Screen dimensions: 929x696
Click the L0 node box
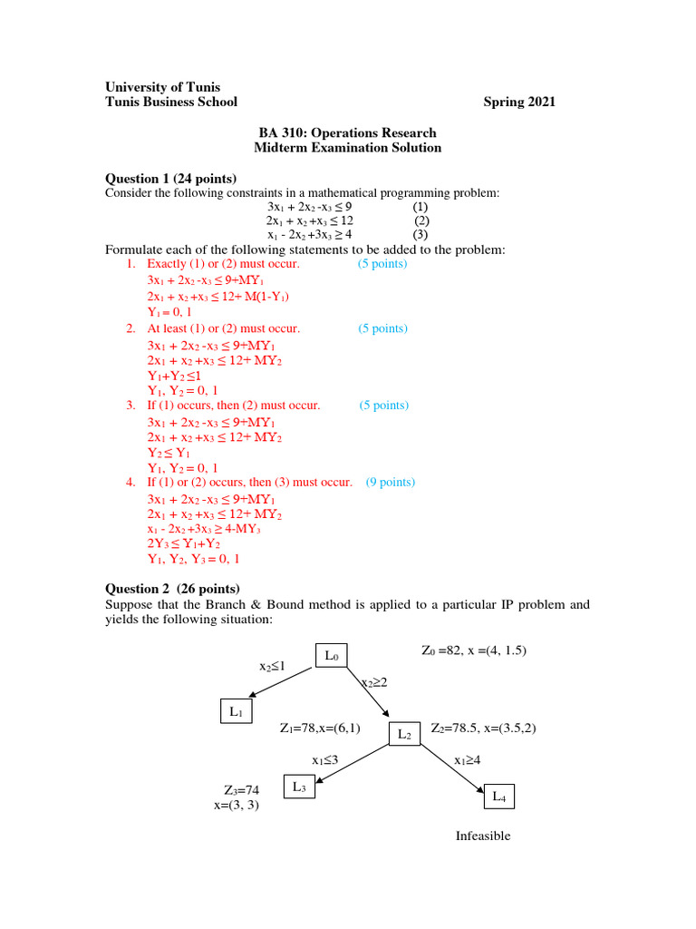tap(332, 655)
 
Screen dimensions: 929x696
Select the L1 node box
tap(236, 712)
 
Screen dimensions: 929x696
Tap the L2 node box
tap(404, 734)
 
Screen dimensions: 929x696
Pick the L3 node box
tap(301, 787)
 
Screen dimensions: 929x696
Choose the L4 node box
tap(498, 797)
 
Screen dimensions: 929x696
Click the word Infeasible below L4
tap(483, 836)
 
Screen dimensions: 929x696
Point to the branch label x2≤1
tap(273, 667)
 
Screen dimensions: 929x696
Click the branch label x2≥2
tap(374, 682)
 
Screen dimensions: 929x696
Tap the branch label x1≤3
tap(325, 759)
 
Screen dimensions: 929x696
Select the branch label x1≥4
tap(467, 760)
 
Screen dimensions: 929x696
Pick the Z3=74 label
tap(241, 790)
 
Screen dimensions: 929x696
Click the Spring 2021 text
tap(519, 103)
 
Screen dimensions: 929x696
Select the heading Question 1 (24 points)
tap(171, 179)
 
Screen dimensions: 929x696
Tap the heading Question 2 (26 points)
tap(173, 588)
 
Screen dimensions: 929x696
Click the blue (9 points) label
tap(391, 483)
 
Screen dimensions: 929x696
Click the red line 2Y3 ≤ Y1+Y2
tap(184, 544)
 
